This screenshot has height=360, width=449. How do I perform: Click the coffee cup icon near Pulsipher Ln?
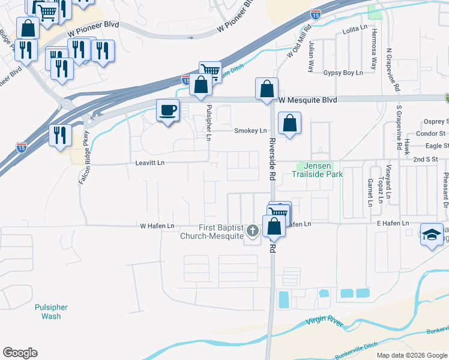click(167, 110)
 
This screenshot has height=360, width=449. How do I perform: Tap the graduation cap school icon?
click(431, 235)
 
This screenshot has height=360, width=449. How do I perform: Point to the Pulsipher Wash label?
click(51, 311)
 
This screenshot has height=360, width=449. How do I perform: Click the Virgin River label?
click(324, 323)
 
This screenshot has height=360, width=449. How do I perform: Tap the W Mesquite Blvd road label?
click(307, 100)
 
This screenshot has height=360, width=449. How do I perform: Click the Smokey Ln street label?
click(250, 131)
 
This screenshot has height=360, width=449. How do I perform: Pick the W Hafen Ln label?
click(157, 226)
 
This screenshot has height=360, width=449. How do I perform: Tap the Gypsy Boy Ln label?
click(343, 73)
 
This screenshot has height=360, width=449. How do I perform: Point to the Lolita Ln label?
click(354, 29)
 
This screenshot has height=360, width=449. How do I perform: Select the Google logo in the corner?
click(20, 353)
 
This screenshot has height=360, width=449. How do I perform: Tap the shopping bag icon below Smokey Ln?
click(289, 123)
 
